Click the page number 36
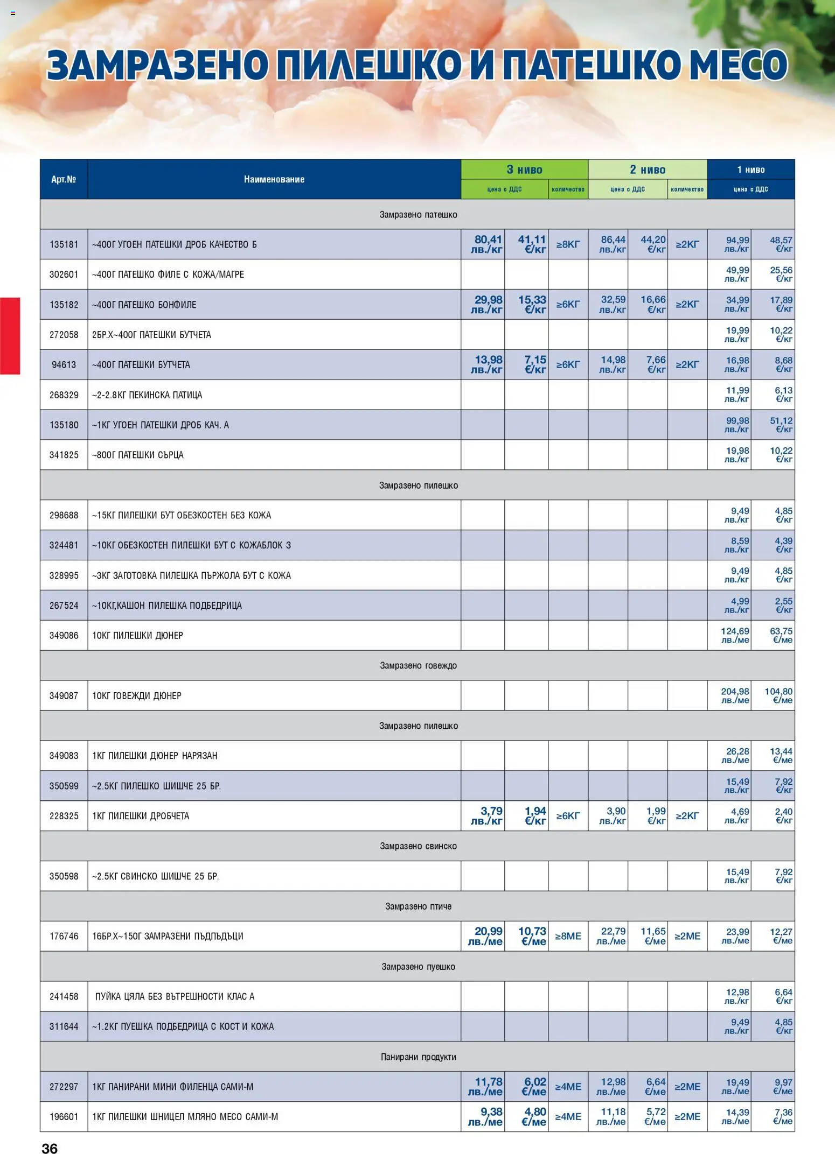click(50, 1148)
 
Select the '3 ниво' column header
click(524, 170)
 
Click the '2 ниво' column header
click(648, 170)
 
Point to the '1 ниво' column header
click(750, 170)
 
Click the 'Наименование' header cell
click(274, 179)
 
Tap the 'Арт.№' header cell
click(64, 179)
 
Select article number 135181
click(64, 244)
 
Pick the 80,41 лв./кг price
click(487, 244)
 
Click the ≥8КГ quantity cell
click(568, 244)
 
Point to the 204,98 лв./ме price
click(735, 695)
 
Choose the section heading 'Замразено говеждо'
click(418, 666)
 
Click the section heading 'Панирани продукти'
click(418, 1057)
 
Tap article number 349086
click(64, 636)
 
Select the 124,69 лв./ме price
click(735, 635)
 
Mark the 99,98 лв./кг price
click(737, 425)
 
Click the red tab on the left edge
click(10, 335)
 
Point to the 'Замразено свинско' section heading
click(418, 846)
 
